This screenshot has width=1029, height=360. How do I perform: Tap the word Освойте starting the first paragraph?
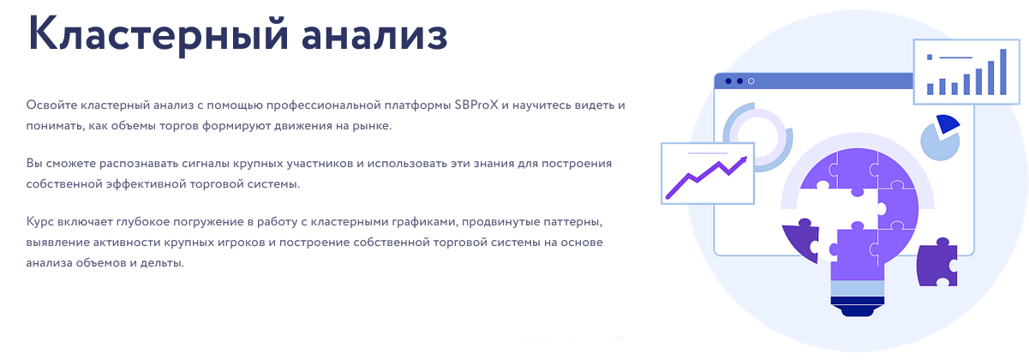pyautogui.click(x=50, y=105)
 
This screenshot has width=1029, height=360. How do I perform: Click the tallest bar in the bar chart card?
pyautogui.click(x=1003, y=72)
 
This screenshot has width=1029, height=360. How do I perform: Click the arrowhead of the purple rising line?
pyautogui.click(x=742, y=160)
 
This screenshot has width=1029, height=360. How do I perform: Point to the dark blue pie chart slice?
pyautogui.click(x=947, y=123)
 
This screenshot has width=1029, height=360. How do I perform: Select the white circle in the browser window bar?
pyautogui.click(x=751, y=81)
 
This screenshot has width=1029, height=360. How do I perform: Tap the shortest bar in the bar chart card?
pyautogui.click(x=930, y=87)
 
